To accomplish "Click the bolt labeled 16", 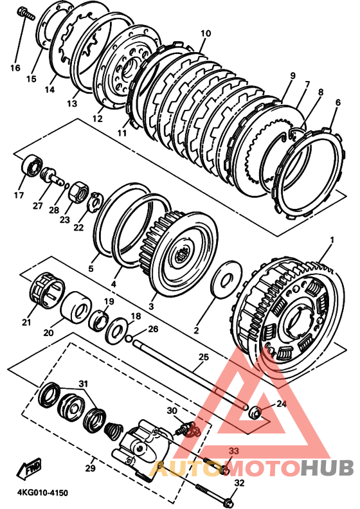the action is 24,13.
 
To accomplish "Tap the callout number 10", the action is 206,33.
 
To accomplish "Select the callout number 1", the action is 332,240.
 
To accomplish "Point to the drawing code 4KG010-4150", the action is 42,493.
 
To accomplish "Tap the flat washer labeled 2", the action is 226,278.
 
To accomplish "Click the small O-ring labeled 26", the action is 129,338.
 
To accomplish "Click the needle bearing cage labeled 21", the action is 49,289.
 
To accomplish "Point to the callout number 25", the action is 204,357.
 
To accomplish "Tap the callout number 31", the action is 84,384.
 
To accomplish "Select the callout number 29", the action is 91,469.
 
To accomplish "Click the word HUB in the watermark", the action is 327,467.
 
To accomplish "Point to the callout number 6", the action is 338,103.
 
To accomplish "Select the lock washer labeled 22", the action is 96,202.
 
